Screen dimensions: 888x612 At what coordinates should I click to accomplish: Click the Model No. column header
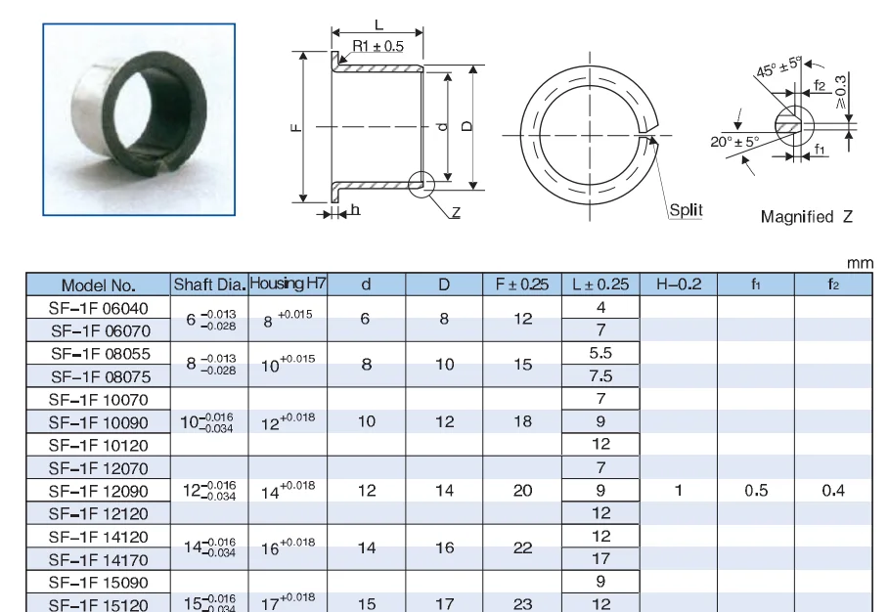tap(99, 284)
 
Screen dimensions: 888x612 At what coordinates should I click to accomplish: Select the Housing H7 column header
tap(288, 284)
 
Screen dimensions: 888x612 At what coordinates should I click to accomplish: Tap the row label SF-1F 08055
tap(100, 354)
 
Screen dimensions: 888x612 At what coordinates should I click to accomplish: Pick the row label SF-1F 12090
tap(99, 491)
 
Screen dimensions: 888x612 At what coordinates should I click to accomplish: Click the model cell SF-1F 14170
tap(99, 560)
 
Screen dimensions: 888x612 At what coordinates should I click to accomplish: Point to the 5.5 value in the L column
tap(600, 353)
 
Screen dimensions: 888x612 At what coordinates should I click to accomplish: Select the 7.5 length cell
tap(600, 376)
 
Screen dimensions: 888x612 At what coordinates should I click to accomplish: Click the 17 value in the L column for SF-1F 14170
tap(600, 559)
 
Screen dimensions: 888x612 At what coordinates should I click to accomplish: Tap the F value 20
tap(522, 490)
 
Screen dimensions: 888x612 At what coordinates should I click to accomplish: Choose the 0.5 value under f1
tap(756, 490)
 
